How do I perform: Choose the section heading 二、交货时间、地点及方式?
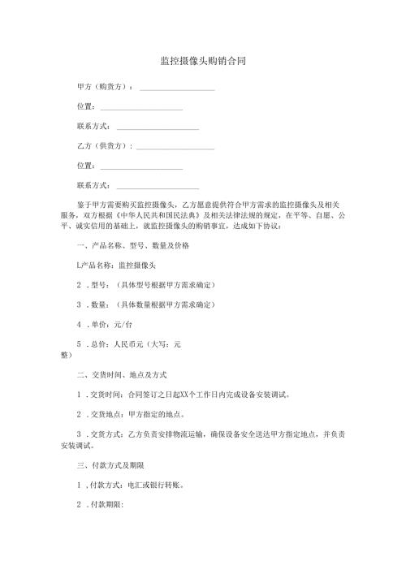tap(120, 376)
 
